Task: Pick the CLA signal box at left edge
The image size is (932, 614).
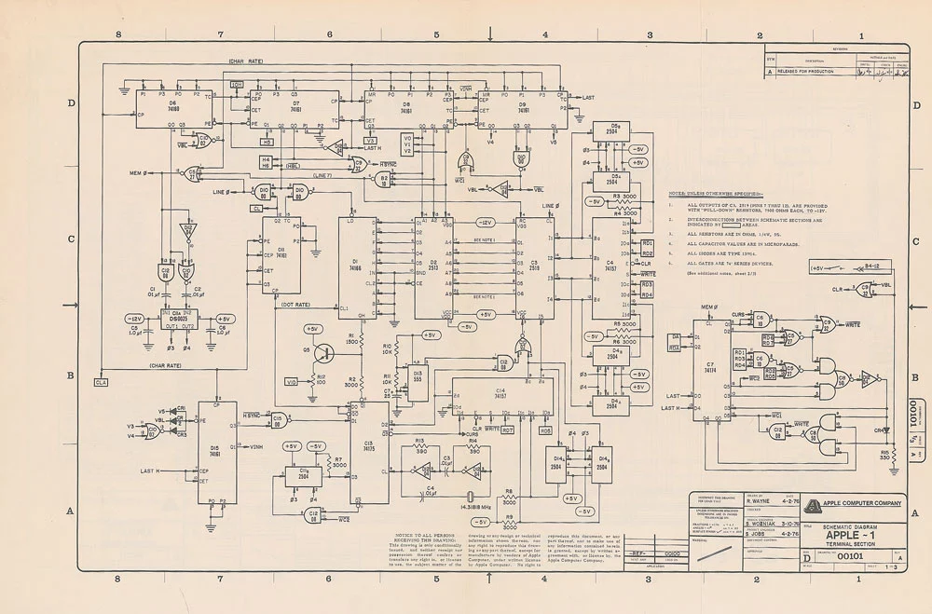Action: (x=101, y=382)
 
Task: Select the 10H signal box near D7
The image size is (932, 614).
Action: (x=237, y=84)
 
